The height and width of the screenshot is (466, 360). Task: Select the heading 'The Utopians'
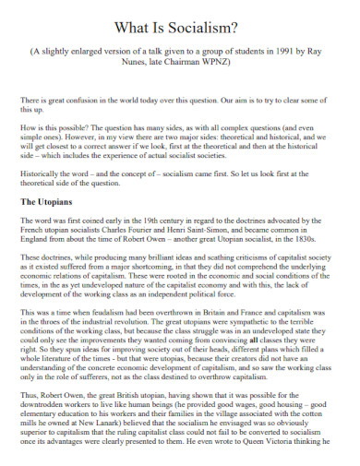[x=45, y=201]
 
